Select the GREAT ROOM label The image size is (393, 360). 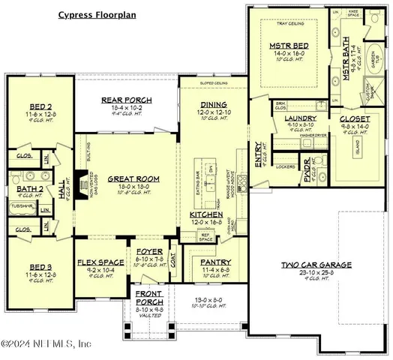133,179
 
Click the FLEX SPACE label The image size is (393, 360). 95,262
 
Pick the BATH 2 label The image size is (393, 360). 24,179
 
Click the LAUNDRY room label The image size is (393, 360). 300,118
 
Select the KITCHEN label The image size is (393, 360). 205,216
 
